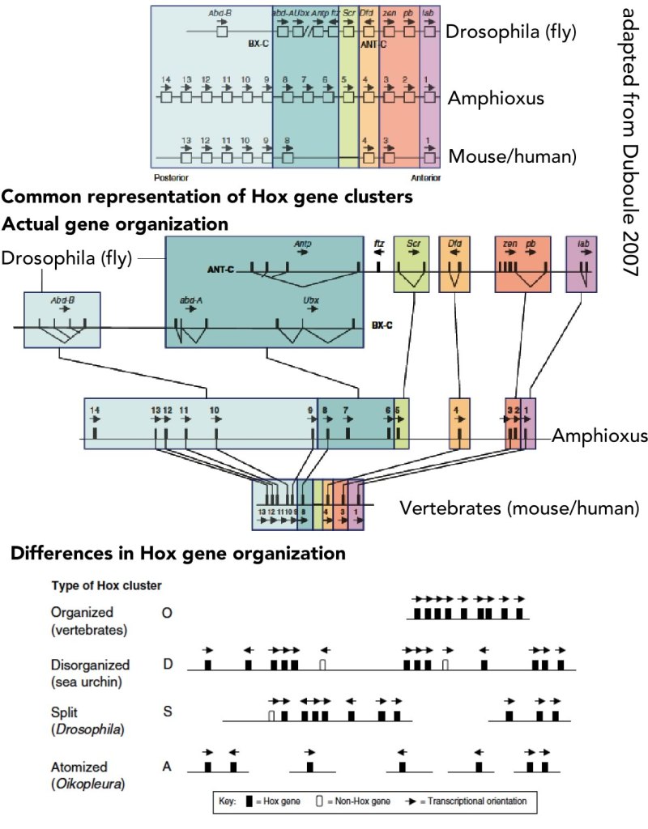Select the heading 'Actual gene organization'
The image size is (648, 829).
(x=114, y=223)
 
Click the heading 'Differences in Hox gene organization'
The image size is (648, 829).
(x=177, y=555)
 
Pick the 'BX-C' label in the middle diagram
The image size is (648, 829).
(x=383, y=325)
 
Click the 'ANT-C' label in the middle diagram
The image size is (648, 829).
(x=219, y=268)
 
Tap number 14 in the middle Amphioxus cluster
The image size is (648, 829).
(x=95, y=410)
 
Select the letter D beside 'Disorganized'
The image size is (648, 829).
(x=168, y=665)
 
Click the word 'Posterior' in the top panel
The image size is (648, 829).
(x=169, y=175)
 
